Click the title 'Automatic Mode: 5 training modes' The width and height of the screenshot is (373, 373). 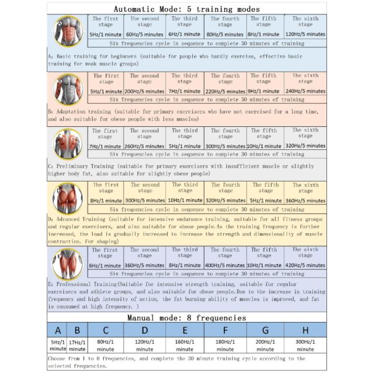coord(186,9)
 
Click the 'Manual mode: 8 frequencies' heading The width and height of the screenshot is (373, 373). coord(186,318)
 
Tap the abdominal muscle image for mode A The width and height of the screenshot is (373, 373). coord(68,31)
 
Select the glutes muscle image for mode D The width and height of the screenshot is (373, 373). coord(68,199)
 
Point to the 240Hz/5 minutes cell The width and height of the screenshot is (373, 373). coord(305,91)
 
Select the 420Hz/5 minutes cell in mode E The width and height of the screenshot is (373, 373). coord(305,265)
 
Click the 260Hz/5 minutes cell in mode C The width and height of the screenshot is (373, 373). coord(144,146)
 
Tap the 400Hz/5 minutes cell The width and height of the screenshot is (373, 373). coord(225,265)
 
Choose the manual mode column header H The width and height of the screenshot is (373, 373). coord(305,330)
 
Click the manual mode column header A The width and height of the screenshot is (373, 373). coord(58,330)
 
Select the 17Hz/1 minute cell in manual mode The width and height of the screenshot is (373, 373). coord(77,345)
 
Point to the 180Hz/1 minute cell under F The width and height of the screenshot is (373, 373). coord(225,345)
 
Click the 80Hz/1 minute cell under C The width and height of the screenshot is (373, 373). coord(106,345)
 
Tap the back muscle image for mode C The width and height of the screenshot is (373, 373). coord(68,144)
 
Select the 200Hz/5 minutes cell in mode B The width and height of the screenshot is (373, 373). coord(144,91)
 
